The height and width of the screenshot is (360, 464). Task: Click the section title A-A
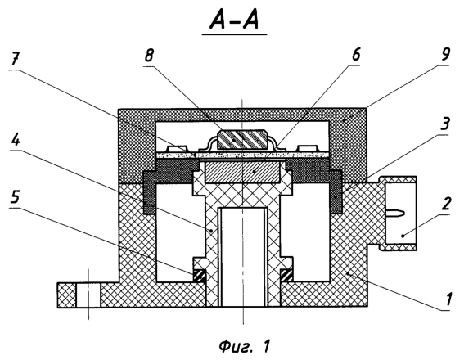tap(234, 21)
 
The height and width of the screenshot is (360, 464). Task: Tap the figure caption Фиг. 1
tap(245, 346)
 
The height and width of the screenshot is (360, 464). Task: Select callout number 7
tap(15, 61)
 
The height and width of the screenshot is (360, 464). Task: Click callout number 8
tap(149, 56)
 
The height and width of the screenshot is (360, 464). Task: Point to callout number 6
tap(355, 55)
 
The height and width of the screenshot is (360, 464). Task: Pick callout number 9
tap(445, 54)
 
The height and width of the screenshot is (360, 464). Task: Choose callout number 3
tap(445, 124)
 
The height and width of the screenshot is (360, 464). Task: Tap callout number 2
tap(446, 204)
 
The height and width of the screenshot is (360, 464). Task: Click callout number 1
tap(448, 299)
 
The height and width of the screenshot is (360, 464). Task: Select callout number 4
tap(16, 139)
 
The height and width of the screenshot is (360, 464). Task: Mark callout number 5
tap(16, 196)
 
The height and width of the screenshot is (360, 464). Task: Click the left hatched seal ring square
tap(200, 276)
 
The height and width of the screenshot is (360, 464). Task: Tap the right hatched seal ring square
tap(286, 276)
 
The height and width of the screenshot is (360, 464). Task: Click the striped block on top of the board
tap(242, 140)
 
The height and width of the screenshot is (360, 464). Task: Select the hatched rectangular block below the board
tap(243, 172)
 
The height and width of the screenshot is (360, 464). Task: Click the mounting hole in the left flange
tap(88, 295)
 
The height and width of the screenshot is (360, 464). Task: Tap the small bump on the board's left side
tap(177, 148)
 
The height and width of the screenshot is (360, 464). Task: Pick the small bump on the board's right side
tap(308, 148)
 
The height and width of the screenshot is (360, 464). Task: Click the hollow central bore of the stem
tap(243, 257)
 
